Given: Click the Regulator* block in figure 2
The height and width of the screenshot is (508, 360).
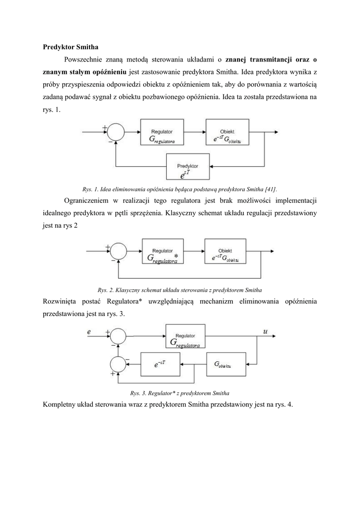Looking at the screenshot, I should tap(163, 253).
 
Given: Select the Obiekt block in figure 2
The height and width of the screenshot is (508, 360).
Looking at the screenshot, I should tap(224, 253).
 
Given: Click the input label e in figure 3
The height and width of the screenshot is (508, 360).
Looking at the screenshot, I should tap(89, 331).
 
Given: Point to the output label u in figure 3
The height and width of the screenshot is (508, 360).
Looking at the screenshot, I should tap(265, 331).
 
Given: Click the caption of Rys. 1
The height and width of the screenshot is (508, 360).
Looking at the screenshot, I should tap(179, 189).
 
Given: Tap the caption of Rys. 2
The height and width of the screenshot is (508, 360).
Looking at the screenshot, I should tap(180, 289).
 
